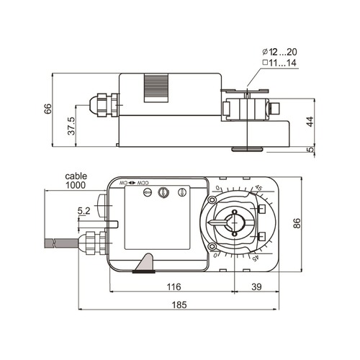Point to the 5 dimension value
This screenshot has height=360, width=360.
click(310, 150)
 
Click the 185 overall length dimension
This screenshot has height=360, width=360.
click(180, 305)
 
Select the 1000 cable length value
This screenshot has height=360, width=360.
click(76, 186)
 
